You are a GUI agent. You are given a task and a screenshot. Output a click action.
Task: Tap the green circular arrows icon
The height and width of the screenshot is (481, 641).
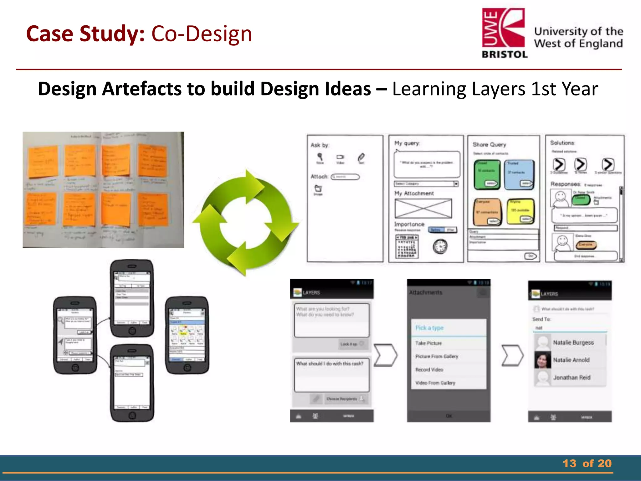pos(246,223)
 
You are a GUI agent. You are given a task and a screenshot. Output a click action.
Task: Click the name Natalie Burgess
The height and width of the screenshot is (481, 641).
pos(573,343)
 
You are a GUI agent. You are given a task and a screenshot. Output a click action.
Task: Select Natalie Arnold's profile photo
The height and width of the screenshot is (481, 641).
pos(542,360)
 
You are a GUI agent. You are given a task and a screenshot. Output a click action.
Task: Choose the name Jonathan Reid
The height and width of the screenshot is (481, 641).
pos(572,378)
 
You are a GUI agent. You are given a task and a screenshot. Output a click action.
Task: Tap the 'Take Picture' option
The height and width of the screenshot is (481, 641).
pos(428,343)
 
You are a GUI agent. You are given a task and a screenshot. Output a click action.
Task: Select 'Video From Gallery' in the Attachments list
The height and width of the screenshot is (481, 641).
pos(435,383)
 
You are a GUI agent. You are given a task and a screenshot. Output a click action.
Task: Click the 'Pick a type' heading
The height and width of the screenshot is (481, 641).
pos(429,328)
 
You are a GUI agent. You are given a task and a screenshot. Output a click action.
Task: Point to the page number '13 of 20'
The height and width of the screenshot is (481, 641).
pos(587,463)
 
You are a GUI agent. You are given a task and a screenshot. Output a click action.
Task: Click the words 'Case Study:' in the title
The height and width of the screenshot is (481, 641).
pos(85,34)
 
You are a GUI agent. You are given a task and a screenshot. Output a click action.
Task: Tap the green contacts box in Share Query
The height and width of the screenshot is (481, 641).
pos(487,174)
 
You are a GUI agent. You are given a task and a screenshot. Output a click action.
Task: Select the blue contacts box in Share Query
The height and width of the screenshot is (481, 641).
pos(519,174)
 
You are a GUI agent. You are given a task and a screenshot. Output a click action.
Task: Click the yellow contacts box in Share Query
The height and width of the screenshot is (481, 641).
pos(520,211)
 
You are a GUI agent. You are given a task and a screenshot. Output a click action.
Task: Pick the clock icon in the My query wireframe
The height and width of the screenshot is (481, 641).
pos(440,246)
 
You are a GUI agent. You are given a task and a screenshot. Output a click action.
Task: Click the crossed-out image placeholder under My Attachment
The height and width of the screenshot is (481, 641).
pos(423,209)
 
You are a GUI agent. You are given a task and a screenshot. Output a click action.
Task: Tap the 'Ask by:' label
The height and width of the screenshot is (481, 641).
pos(320,145)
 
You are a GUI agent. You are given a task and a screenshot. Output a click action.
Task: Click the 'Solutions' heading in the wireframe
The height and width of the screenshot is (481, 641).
pos(562,143)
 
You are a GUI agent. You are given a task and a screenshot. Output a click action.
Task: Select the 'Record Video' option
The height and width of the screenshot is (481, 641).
pos(429,370)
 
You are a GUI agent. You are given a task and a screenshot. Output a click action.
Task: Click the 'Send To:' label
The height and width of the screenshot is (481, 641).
pos(541,319)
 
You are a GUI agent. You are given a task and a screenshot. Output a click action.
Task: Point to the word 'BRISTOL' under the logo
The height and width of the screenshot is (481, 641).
pos(505,54)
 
